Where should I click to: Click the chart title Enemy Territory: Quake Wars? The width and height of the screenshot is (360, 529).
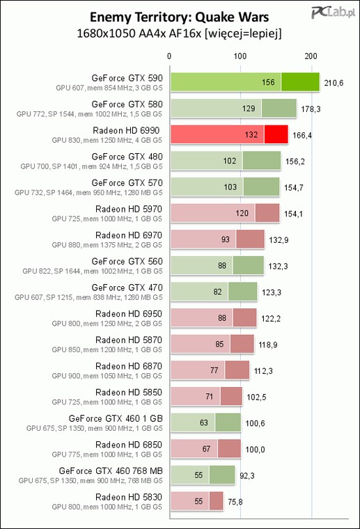pyautogui.click(x=179, y=17)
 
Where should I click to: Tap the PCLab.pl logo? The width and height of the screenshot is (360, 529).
pyautogui.click(x=333, y=13)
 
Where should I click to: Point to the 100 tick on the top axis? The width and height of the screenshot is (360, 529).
pyautogui.click(x=240, y=56)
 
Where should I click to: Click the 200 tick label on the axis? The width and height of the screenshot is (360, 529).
pyautogui.click(x=311, y=56)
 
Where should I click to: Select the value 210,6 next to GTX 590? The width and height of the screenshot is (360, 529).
pyautogui.click(x=334, y=83)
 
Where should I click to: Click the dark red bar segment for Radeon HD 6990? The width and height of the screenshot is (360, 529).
pyautogui.click(x=276, y=134)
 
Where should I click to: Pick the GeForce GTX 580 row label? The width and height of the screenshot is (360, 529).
pyautogui.click(x=127, y=104)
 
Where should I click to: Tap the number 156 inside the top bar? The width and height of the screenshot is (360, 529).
pyautogui.click(x=268, y=82)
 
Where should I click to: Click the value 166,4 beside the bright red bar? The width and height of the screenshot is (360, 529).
pyautogui.click(x=302, y=135)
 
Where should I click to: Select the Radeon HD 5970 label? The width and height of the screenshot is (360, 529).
pyautogui.click(x=129, y=210)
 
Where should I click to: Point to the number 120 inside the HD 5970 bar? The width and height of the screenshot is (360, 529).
pyautogui.click(x=242, y=213)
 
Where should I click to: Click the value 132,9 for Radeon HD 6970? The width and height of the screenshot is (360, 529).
pyautogui.click(x=279, y=240)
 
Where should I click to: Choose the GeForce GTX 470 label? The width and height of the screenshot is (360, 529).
pyautogui.click(x=127, y=287)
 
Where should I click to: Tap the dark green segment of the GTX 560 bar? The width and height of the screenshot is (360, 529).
pyautogui.click(x=249, y=265)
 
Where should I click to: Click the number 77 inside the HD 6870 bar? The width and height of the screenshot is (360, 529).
pyautogui.click(x=214, y=370)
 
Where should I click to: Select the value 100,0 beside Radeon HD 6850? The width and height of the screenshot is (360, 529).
pyautogui.click(x=255, y=450)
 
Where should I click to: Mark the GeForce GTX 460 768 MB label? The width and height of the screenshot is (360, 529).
pyautogui.click(x=111, y=471)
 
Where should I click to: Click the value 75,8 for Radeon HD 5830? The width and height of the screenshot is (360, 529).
pyautogui.click(x=235, y=502)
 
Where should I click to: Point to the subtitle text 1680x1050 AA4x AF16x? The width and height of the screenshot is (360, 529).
pyautogui.click(x=139, y=33)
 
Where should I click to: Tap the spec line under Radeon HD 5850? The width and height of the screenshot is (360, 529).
pyautogui.click(x=107, y=402)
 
